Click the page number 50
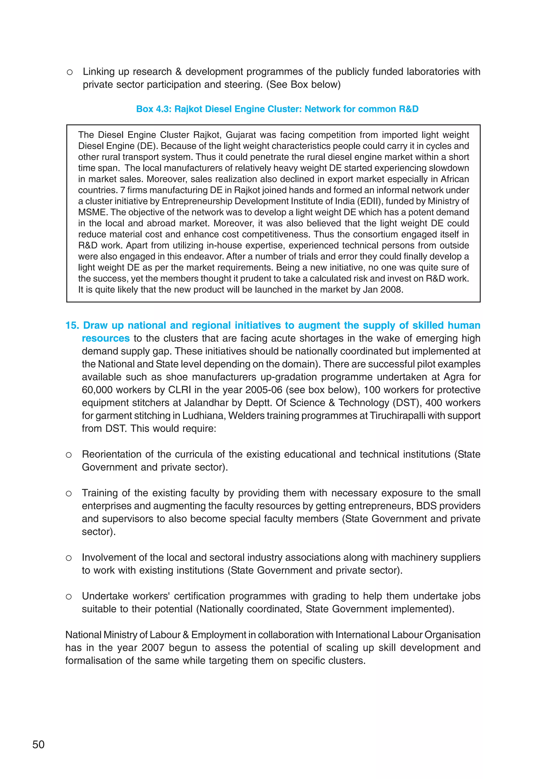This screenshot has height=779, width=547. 38,744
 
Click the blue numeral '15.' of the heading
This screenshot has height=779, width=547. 72,325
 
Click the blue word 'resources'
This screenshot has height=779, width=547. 106,338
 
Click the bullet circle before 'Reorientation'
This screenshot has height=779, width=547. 69,455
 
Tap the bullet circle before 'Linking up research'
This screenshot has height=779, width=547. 69,72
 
